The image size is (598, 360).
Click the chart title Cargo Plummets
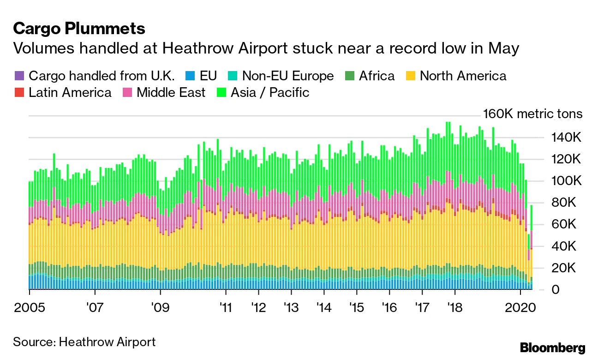tap(79, 29)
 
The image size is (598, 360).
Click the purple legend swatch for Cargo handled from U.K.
tap(18, 76)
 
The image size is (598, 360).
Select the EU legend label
tap(208, 76)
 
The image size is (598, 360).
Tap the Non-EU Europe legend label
tap(287, 76)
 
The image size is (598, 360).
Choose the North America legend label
tap(463, 76)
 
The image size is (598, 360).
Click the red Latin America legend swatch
tap(18, 92)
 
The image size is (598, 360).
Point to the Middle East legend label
tap(171, 92)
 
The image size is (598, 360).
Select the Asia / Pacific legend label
tap(270, 92)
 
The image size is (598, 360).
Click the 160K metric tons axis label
tap(532, 114)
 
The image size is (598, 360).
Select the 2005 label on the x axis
tap(29, 307)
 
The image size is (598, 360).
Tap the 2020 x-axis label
tap(520, 307)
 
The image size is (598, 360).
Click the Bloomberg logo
tap(552, 348)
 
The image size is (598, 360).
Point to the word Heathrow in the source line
tap(84, 342)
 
